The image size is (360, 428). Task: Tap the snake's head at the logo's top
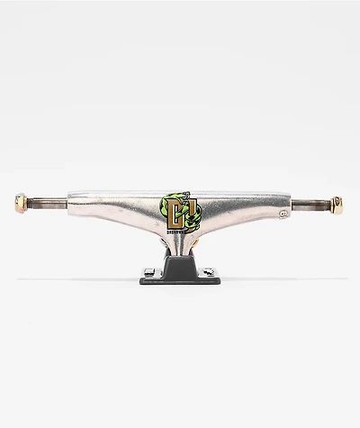[176, 192]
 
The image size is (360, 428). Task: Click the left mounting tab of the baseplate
[146, 270]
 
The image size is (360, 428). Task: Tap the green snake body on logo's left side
[165, 212]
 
